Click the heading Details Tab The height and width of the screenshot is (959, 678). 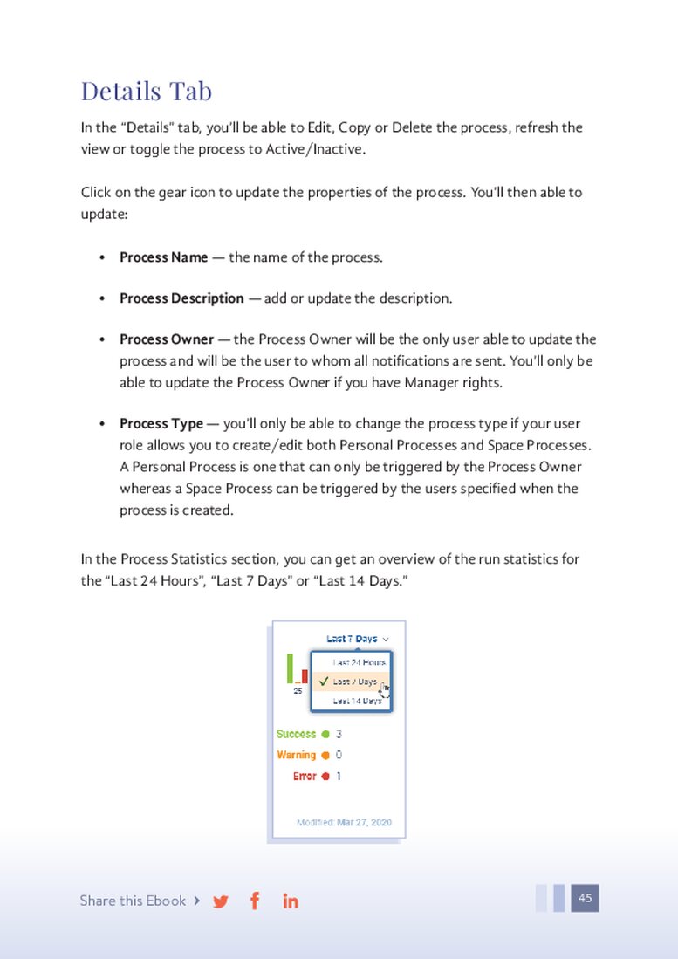[146, 91]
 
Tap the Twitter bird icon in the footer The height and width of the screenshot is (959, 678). [221, 901]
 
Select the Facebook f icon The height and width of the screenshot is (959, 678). [255, 901]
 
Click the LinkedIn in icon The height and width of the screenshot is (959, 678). [291, 901]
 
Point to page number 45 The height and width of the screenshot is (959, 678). [585, 898]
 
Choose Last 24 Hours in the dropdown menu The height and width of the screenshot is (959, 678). [359, 662]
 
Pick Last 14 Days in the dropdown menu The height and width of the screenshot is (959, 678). [358, 701]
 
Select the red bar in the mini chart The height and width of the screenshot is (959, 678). [305, 675]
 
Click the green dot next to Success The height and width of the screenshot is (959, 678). [325, 735]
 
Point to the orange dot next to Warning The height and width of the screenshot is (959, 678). [325, 756]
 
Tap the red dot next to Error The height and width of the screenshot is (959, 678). [325, 777]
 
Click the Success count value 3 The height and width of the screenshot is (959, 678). [339, 735]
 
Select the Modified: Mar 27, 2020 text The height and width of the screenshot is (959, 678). [344, 822]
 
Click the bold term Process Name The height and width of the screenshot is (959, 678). [164, 257]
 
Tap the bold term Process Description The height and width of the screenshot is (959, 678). [181, 298]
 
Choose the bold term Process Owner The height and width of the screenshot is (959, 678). [167, 339]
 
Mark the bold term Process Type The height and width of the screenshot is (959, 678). [161, 424]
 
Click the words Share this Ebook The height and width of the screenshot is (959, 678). [133, 901]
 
